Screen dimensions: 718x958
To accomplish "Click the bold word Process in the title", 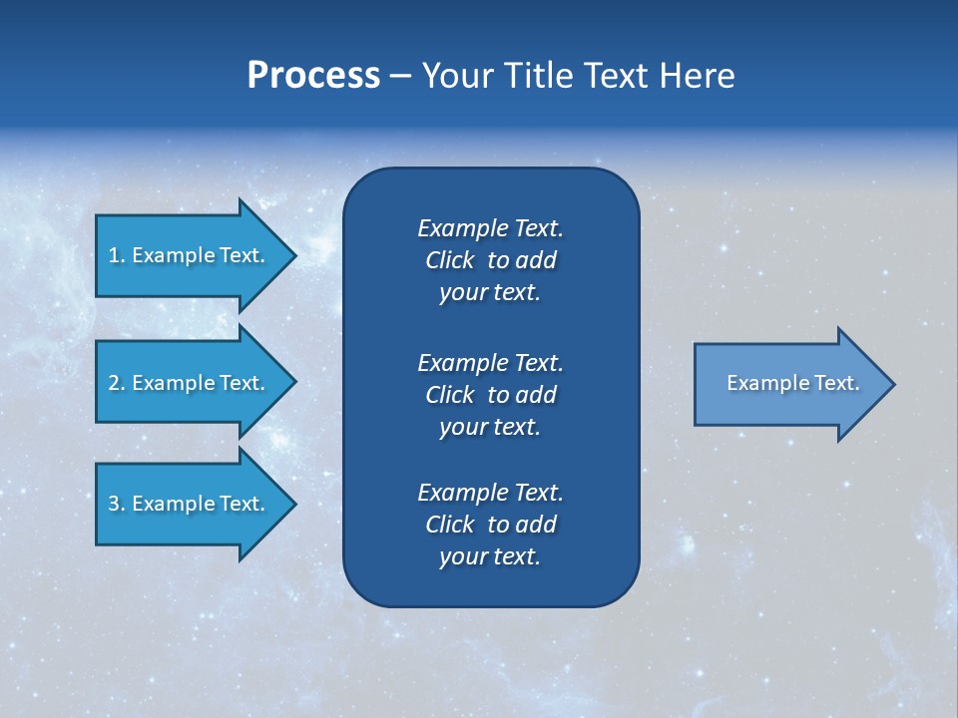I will click(x=313, y=76).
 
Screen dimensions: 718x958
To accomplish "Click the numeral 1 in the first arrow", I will click(x=114, y=255).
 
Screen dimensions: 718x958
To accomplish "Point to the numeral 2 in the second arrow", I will click(x=114, y=383).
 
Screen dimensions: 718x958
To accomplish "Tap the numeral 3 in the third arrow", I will click(x=114, y=504).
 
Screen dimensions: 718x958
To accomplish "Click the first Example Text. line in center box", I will click(x=490, y=228).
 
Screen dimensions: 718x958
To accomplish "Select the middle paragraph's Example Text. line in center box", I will click(x=490, y=362).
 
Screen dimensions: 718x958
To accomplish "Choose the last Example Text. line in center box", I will click(x=490, y=493).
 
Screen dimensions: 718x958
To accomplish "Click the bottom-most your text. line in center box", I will click(x=490, y=556).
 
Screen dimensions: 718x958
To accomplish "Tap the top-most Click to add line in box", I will click(x=490, y=260).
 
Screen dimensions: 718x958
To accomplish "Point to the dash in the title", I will click(x=401, y=77).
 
